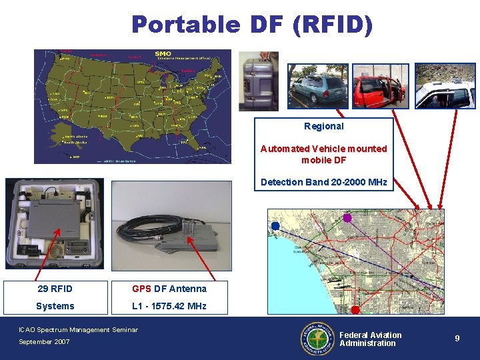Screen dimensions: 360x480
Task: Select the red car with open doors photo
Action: [380, 86]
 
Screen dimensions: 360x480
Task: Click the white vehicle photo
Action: [445, 86]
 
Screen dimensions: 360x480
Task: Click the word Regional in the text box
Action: [323, 126]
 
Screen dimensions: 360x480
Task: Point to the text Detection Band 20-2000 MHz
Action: [323, 182]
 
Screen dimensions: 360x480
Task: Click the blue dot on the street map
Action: [275, 227]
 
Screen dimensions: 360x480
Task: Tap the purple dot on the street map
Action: [347, 218]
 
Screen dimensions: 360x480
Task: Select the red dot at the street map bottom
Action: [355, 310]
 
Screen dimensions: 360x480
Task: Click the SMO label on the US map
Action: [163, 53]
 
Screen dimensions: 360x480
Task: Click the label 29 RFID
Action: [55, 289]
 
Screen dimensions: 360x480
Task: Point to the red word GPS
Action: [141, 289]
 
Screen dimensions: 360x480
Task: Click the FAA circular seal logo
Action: [317, 339]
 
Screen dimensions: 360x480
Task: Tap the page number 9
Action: [457, 339]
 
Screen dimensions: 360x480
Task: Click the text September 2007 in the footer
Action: [45, 342]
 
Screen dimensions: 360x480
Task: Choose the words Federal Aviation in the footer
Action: [371, 335]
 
